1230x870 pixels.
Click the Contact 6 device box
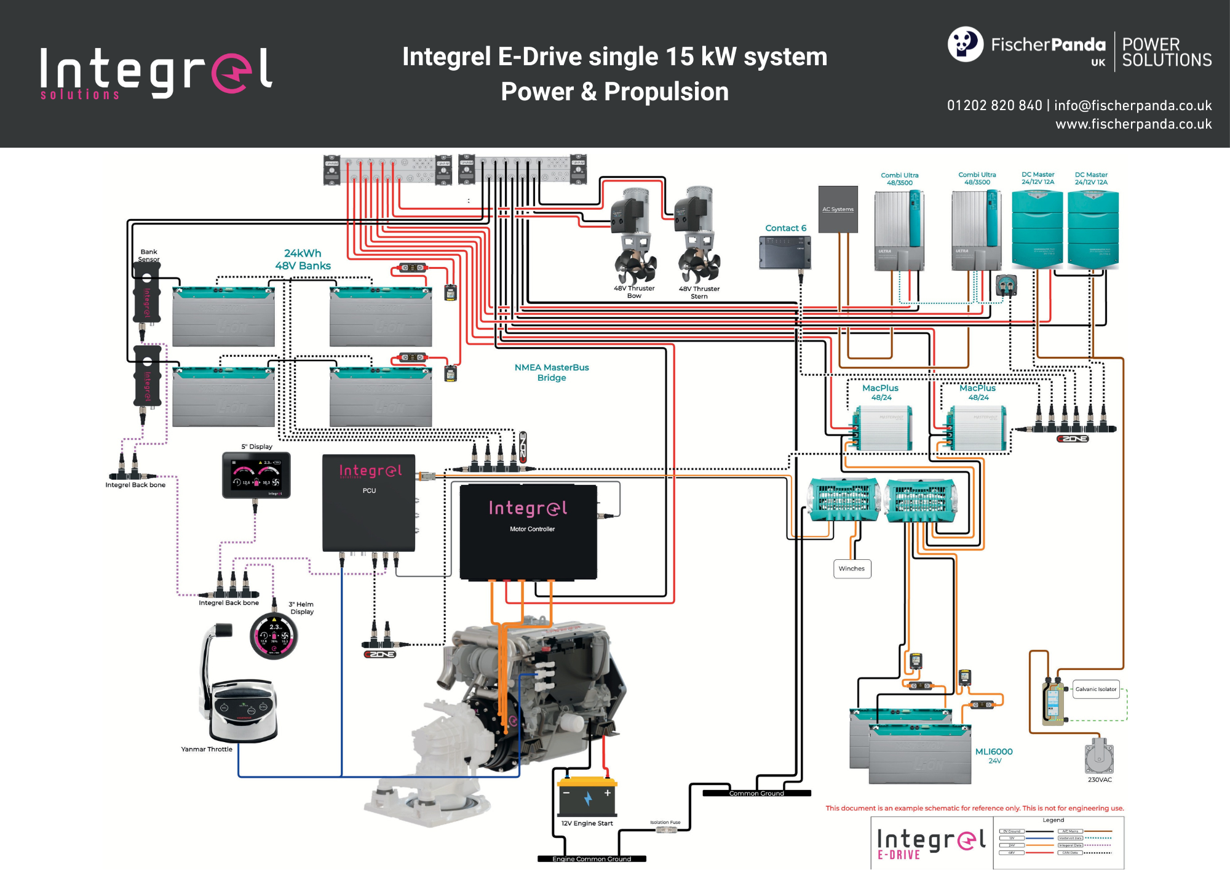[785, 252]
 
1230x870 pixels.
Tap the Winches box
[852, 569]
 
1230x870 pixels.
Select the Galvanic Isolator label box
[1095, 689]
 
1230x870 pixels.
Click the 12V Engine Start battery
[587, 797]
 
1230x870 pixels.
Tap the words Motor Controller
[532, 529]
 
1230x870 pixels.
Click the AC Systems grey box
[838, 209]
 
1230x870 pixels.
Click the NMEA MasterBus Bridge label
[551, 372]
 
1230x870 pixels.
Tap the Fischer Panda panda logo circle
[965, 44]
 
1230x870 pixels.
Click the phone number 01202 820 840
[994, 106]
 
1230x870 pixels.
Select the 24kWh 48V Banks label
[303, 260]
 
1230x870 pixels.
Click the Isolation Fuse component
[666, 830]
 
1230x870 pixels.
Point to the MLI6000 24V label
[994, 756]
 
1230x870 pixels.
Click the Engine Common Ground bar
[592, 859]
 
